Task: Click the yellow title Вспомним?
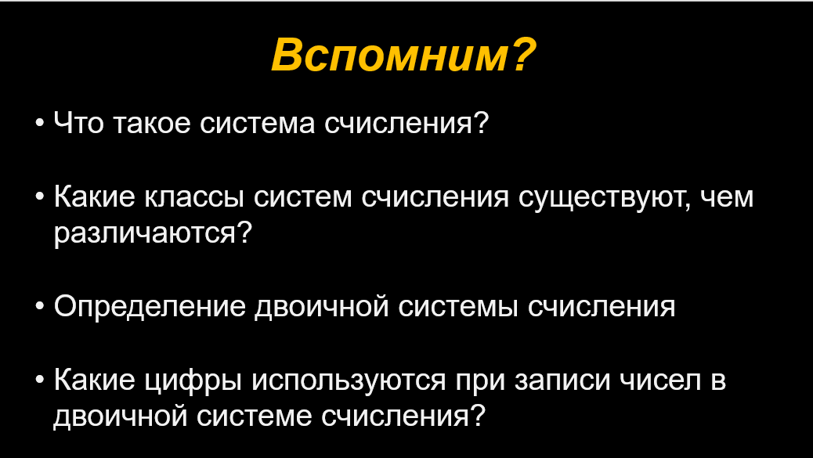point(403,54)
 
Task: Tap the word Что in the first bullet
point(79,124)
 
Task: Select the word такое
point(151,124)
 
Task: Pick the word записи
point(564,380)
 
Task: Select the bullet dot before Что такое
point(41,124)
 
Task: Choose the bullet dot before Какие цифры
point(41,380)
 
